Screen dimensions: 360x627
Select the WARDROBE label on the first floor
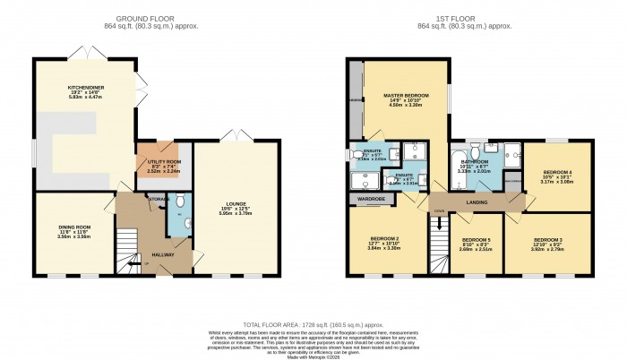371,198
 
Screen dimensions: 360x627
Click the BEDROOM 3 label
547,241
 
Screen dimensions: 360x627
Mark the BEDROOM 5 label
476,240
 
